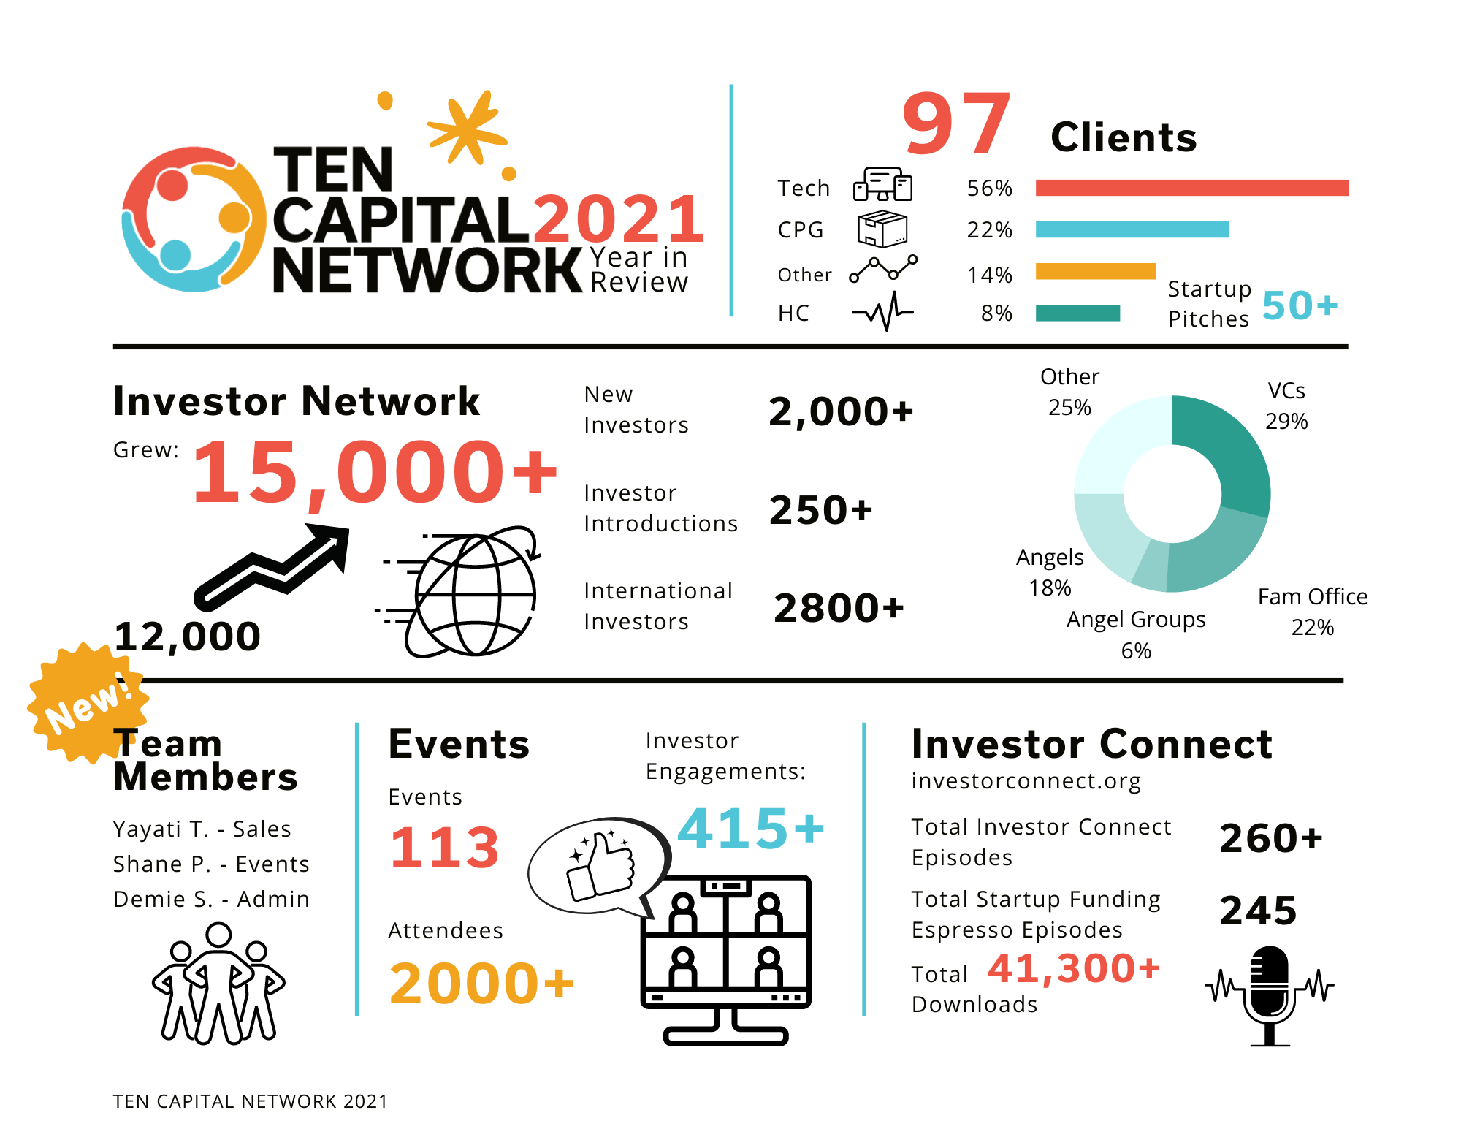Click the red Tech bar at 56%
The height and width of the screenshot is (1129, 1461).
pos(1191,188)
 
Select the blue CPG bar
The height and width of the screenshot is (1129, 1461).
pos(1132,229)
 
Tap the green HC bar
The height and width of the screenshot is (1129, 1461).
pos(1077,313)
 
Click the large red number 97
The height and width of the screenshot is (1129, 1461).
pos(956,124)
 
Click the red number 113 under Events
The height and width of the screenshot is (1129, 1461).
pos(444,848)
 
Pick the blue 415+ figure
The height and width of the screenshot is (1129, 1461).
pos(751,829)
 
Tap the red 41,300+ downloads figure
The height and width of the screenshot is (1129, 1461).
pos(1074,968)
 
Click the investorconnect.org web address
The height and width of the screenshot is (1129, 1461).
pos(1026,781)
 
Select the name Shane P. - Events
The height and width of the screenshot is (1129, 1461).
pos(211,864)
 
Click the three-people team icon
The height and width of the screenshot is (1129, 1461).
pos(218,984)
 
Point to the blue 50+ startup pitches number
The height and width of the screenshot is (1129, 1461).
pos(1300,305)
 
